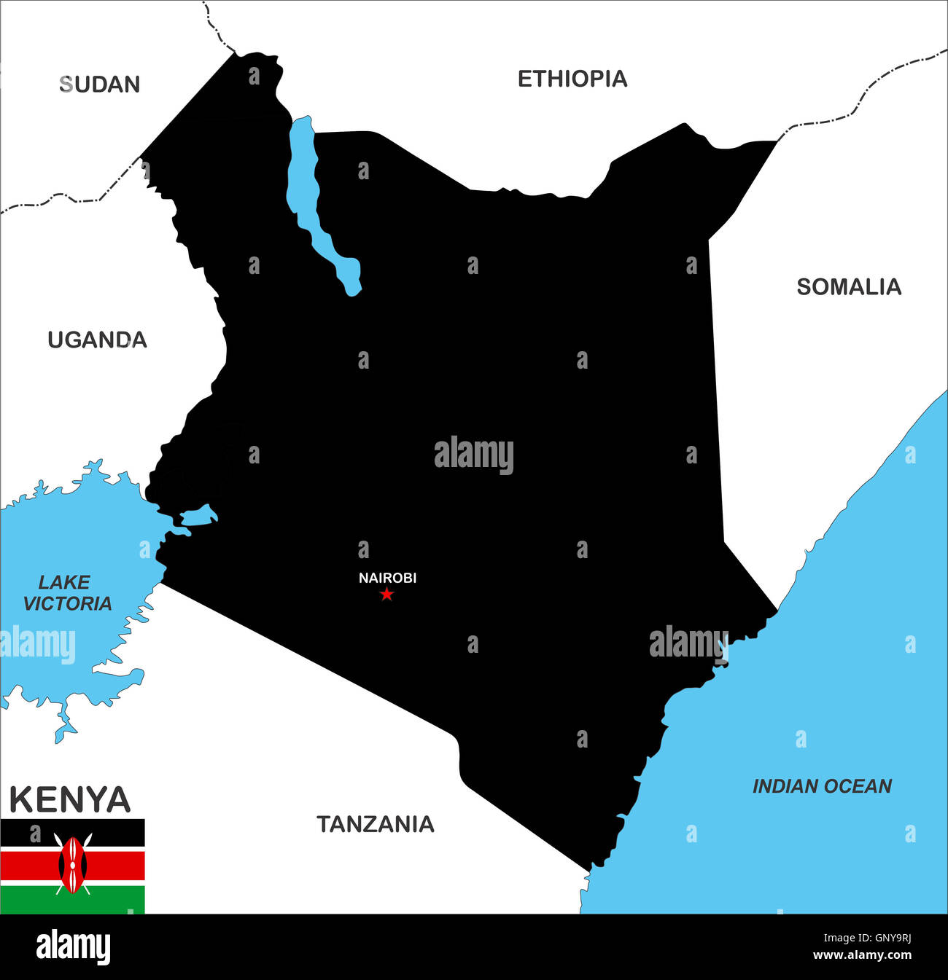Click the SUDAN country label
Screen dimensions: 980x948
(x=99, y=85)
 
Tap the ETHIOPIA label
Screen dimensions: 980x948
(x=572, y=79)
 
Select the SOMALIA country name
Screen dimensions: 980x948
(x=848, y=287)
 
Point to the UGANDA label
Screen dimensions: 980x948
(x=97, y=340)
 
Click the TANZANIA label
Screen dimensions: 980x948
(x=375, y=824)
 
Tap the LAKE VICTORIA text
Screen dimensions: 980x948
(x=66, y=592)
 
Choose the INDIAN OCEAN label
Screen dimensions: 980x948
(x=821, y=786)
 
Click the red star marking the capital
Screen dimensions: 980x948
(x=386, y=595)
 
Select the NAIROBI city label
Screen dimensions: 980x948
(x=387, y=578)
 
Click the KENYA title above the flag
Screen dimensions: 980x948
(x=70, y=799)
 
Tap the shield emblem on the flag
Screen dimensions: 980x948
(x=72, y=864)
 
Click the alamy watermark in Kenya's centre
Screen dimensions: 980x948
(x=473, y=455)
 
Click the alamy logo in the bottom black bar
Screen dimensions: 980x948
(x=73, y=947)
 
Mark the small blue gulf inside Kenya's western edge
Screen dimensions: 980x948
(x=198, y=517)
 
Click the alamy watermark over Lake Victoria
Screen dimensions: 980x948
(x=38, y=645)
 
